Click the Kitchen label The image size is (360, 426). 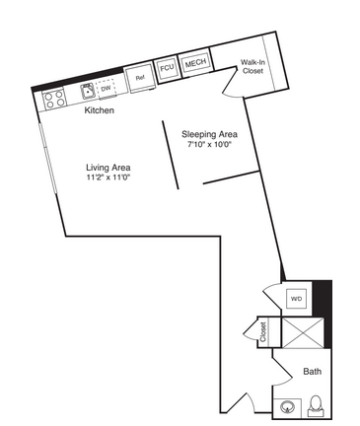[x=100, y=110]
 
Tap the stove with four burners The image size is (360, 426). [x=54, y=99]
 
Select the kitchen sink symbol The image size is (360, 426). [x=88, y=91]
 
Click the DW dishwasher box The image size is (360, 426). [x=106, y=88]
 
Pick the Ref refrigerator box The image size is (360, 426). [x=140, y=78]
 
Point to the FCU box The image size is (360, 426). [x=167, y=68]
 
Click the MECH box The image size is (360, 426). [x=195, y=63]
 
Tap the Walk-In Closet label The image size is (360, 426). [x=252, y=66]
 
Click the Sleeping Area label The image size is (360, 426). [x=209, y=134]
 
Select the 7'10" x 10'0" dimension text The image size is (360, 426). [x=210, y=144]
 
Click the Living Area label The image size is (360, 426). [x=108, y=168]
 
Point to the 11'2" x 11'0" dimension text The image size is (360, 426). [x=108, y=177]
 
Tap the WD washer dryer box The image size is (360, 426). [x=296, y=299]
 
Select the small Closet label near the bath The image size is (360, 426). [x=263, y=332]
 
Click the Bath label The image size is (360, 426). [x=312, y=372]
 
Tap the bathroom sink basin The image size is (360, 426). [x=287, y=407]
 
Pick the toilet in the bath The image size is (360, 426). [x=316, y=406]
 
